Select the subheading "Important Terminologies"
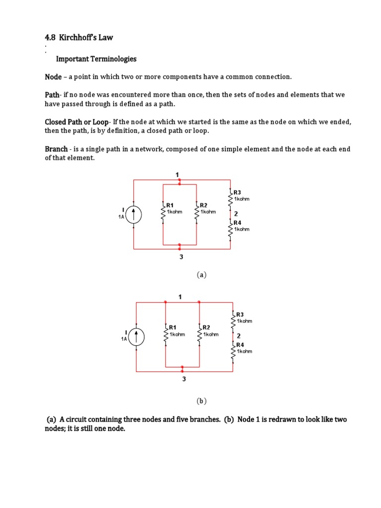pos(96,59)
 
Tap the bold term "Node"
pos(53,77)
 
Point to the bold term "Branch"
pos(56,149)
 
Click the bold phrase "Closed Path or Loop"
pos(77,122)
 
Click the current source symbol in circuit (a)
pos(134,215)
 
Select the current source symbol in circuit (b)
pos(136,337)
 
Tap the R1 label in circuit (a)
pos(170,205)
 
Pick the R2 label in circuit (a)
pos(203,205)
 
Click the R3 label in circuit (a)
pos(237,193)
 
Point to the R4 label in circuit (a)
pos(237,223)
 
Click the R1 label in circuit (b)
pos(173,327)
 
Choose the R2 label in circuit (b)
pos(206,327)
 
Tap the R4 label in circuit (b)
pos(240,345)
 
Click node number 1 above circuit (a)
pos(177,175)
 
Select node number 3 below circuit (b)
pos(184,380)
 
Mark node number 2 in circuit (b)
pos(239,336)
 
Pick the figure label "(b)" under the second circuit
pos(201,401)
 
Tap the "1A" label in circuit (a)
pos(121,217)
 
